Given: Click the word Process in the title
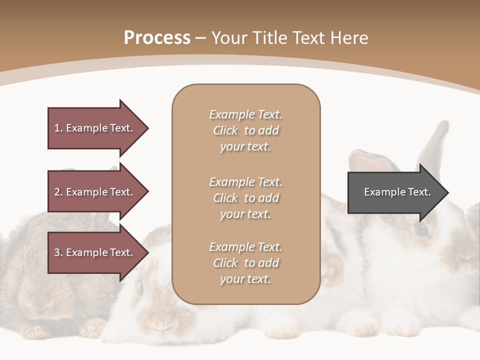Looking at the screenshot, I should coord(157,38).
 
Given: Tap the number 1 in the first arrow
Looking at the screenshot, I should coord(57,128).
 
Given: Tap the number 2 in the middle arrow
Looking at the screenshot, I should coord(57,192).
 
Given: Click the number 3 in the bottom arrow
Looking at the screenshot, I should coord(57,252).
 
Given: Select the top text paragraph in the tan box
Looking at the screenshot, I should coord(245,130).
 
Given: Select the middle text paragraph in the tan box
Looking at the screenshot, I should coord(245,198).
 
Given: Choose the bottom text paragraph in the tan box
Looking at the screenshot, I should coord(245,263).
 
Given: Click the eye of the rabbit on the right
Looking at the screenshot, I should coord(422,229).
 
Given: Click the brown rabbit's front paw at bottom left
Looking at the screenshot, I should coord(36,331).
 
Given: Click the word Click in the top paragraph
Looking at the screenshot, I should coord(225,130).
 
